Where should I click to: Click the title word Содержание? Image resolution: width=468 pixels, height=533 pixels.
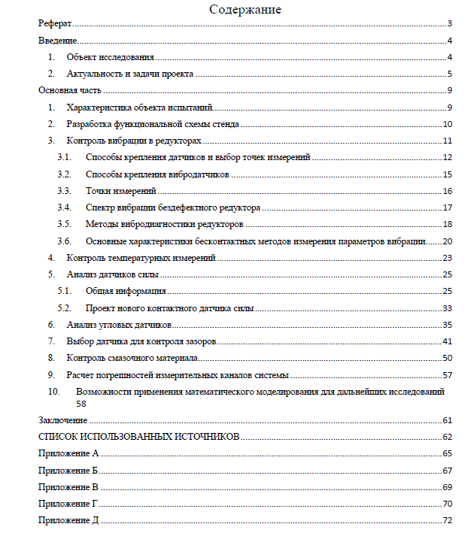pos(245,10)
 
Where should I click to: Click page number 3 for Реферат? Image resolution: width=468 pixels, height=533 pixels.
pos(448,24)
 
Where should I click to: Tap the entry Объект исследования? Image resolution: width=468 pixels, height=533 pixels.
pos(110,57)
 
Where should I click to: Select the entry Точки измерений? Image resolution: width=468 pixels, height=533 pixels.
pos(120,191)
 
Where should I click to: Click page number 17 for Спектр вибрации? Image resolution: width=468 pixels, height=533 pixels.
pos(447,207)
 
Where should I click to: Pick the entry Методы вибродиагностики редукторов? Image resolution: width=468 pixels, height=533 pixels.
pos(164,224)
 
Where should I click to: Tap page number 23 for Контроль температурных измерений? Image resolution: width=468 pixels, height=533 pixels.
pos(447,258)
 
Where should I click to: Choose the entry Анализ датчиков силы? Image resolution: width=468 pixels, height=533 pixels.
pos(112,274)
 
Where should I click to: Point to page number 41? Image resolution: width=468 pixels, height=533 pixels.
pos(447,341)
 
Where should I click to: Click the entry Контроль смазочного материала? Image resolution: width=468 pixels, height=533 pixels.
pos(132,358)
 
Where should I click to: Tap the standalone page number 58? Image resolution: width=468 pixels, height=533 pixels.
pos(81,403)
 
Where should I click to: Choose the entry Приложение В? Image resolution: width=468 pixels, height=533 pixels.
pos(68,487)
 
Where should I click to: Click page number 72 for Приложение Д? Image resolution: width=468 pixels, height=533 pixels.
pos(447,520)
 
